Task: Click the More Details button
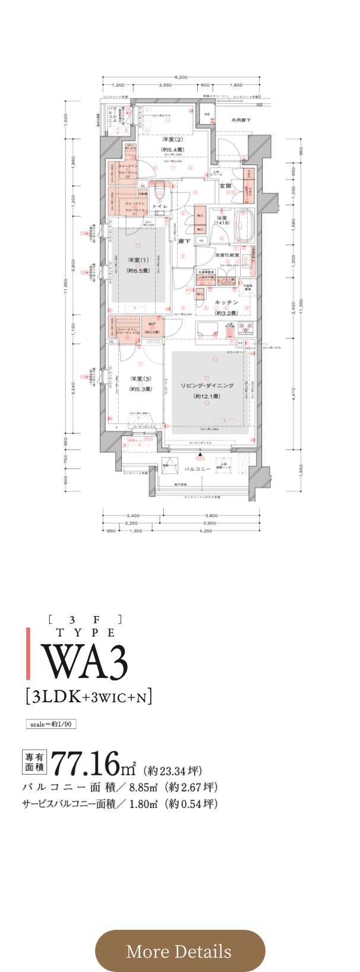(x=179, y=951)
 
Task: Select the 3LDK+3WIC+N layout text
(x=89, y=696)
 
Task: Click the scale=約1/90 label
(x=50, y=724)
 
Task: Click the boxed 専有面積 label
(x=34, y=762)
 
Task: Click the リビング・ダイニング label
(x=207, y=386)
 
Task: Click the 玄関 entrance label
(x=226, y=186)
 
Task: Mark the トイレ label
(x=160, y=206)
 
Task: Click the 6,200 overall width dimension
(x=181, y=77)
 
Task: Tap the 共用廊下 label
(x=241, y=121)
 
